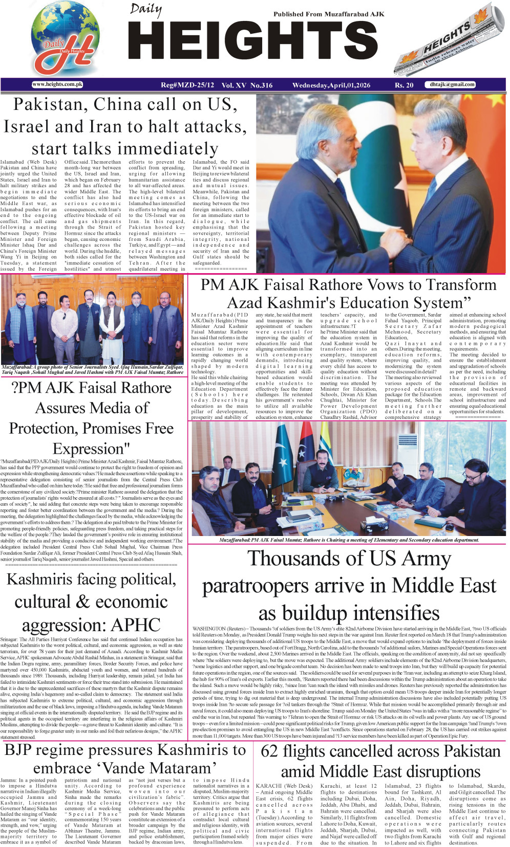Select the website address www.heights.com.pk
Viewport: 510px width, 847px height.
tap(57, 84)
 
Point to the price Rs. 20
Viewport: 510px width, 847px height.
tap(404, 85)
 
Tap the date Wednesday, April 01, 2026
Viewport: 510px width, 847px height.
tap(331, 85)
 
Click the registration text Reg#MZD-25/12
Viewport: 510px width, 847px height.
tap(188, 85)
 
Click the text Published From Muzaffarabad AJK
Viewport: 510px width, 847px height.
tap(328, 14)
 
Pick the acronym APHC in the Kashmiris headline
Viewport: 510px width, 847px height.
tap(135, 625)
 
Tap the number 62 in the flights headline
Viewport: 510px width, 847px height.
tap(269, 751)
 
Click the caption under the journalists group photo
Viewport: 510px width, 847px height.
tap(92, 369)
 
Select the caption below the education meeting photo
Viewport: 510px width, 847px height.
tap(349, 540)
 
